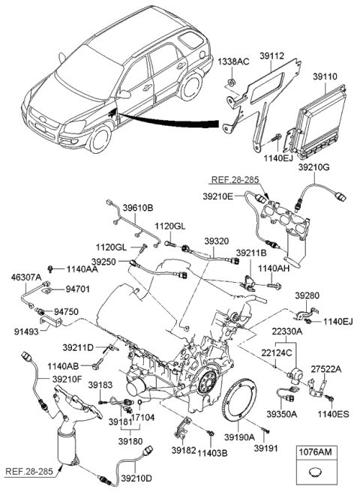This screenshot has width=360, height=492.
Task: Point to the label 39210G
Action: click(313, 166)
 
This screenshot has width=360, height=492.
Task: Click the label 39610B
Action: click(138, 207)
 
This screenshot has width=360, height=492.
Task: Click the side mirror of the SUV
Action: click(124, 95)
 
